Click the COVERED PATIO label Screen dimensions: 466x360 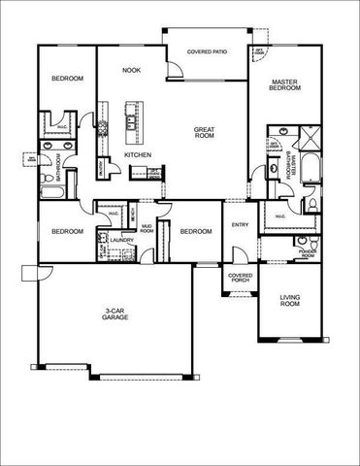[x=207, y=50]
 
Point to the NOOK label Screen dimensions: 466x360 [x=131, y=71]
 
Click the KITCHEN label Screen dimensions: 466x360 [x=136, y=155]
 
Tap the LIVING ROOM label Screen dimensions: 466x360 [x=288, y=302]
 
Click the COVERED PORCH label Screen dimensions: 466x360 [x=240, y=278]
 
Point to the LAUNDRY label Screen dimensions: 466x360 [x=121, y=239]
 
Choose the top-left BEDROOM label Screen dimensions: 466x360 [x=67, y=78]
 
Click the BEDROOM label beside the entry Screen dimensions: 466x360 [x=195, y=231]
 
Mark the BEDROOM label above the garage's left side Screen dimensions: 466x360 [x=66, y=231]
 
